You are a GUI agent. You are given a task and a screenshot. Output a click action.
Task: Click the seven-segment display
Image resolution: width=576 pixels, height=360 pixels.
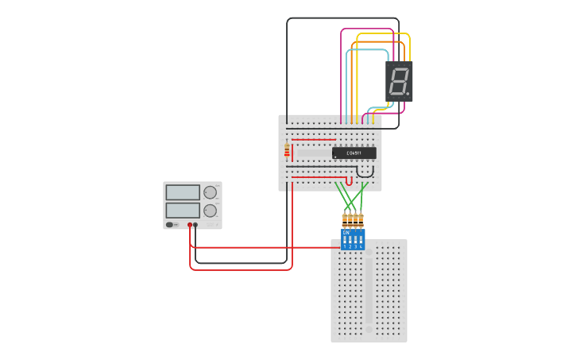tap(399, 81)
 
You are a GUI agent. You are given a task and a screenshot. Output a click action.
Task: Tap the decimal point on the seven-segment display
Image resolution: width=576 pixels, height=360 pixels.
tap(408, 94)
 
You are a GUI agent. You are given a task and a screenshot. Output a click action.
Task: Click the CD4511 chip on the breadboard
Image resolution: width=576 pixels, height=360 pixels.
tap(354, 153)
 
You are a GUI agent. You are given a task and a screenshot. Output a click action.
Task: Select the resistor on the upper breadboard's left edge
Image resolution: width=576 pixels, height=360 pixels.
tap(287, 149)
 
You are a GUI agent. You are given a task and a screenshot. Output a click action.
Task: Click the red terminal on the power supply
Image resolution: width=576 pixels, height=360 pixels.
tap(190, 225)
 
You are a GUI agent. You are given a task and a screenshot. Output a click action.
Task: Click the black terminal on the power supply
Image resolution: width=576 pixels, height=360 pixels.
tap(195, 225)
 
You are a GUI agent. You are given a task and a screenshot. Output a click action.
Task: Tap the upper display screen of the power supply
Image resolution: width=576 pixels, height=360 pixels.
tap(183, 192)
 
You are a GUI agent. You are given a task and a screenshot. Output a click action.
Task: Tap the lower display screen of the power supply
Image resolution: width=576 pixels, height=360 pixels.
tap(183, 210)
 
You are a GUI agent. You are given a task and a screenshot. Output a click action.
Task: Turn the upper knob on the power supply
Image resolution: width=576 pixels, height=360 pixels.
tap(210, 192)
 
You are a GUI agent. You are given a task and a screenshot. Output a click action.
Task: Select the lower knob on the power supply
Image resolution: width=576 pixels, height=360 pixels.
tap(210, 211)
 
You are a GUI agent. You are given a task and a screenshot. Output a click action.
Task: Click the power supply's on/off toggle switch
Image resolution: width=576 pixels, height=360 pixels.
tap(170, 225)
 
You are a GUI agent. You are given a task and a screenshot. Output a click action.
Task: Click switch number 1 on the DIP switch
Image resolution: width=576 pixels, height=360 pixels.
tap(345, 240)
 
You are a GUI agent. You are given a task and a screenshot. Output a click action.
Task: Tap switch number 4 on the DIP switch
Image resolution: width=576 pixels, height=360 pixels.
tap(361, 240)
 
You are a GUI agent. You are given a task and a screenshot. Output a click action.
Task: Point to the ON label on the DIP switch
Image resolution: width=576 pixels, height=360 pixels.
tap(346, 232)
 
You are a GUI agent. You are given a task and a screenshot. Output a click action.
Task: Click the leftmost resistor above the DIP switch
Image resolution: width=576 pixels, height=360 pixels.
tap(345, 219)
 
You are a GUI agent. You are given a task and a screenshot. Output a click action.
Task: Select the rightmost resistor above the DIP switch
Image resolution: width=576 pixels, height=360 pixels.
tap(361, 219)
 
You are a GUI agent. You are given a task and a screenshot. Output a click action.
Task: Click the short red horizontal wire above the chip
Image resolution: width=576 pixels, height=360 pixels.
tap(314, 140)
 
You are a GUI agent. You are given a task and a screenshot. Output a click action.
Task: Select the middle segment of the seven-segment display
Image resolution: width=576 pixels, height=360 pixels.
tap(399, 81)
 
